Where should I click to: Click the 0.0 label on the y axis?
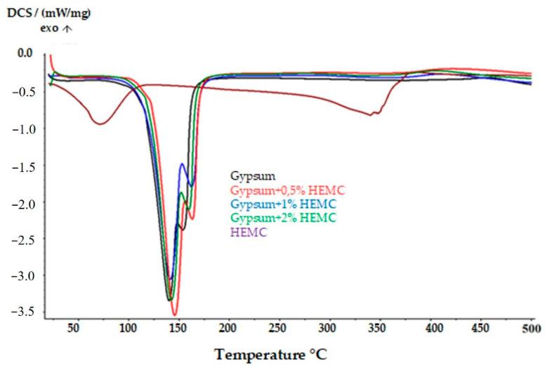(26, 53)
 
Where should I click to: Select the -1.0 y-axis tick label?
(25, 128)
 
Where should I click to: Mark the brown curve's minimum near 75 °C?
(100, 124)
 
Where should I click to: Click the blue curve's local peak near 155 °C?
(183, 164)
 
